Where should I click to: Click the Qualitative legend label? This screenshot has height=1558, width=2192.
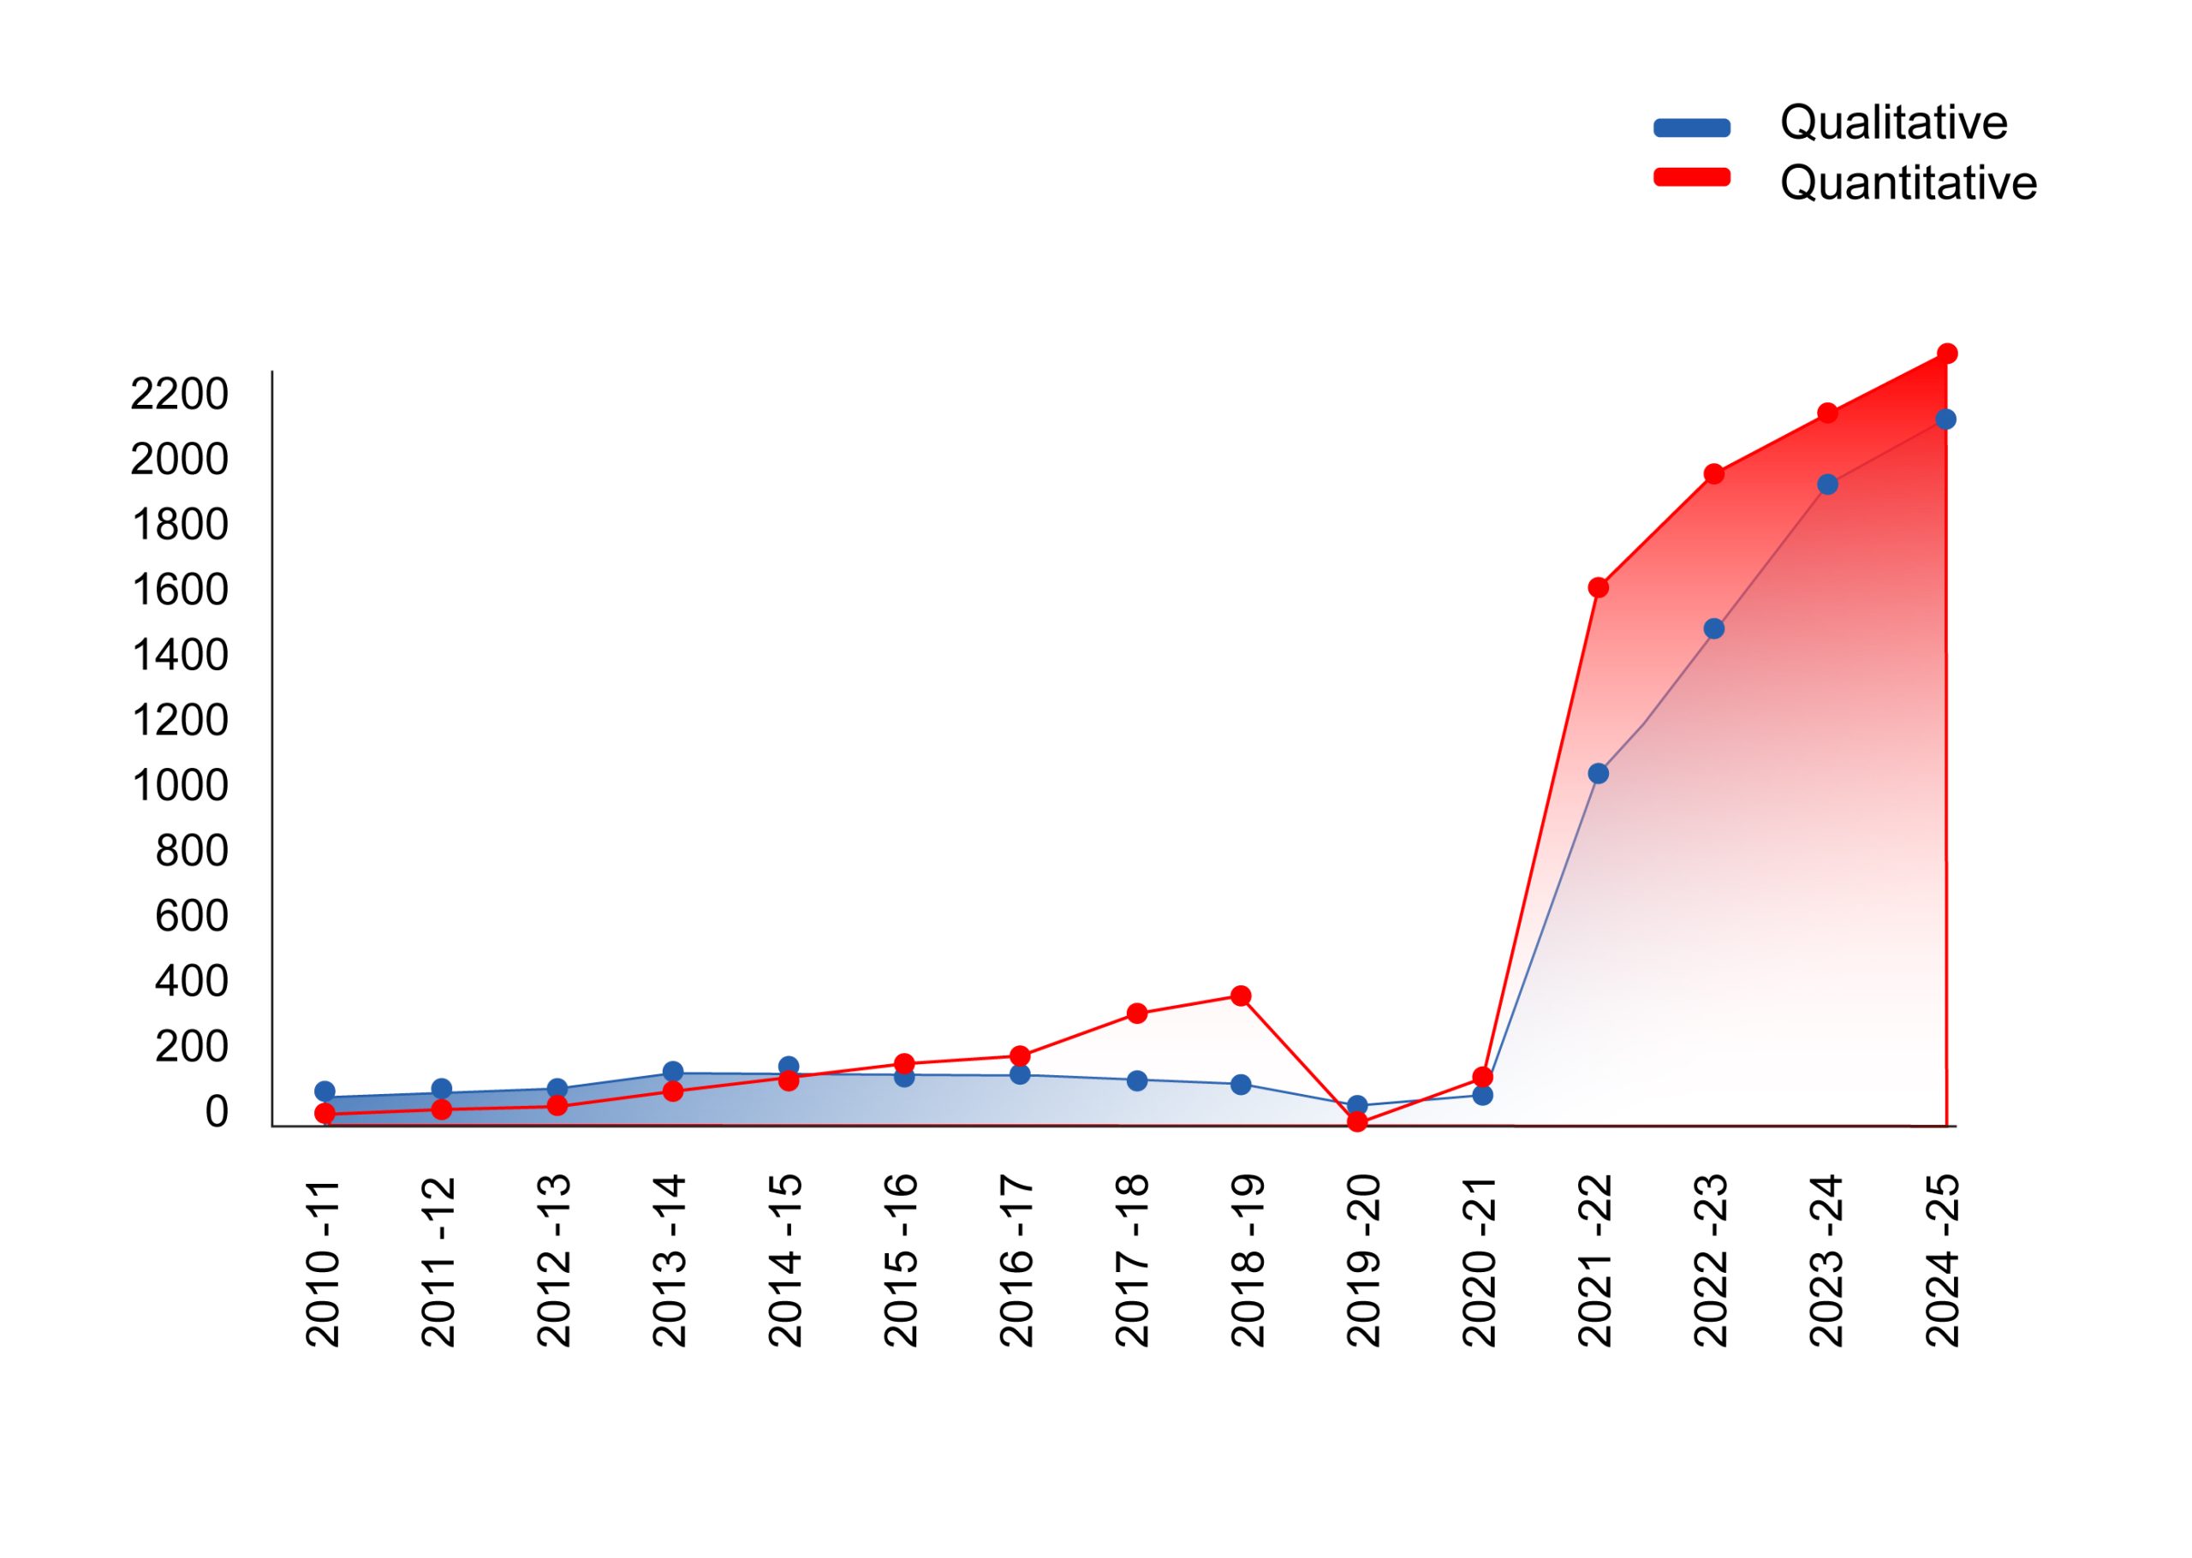tap(1892, 122)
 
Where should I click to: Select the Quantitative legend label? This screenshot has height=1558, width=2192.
tap(1907, 182)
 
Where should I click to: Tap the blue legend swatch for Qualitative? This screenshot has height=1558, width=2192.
tap(1691, 128)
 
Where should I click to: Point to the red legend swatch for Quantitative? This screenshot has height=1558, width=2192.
tap(1691, 177)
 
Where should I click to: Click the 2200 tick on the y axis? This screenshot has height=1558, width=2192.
tap(180, 393)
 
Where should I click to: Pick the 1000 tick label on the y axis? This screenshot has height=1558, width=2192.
tap(180, 786)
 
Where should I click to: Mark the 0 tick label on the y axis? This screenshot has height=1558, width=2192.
tap(216, 1112)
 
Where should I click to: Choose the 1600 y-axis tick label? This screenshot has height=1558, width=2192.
tap(180, 590)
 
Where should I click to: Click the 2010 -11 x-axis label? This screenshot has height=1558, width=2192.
tap(324, 1261)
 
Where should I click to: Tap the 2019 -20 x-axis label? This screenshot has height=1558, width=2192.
tap(1363, 1261)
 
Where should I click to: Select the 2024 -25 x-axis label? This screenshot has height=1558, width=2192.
tap(1943, 1261)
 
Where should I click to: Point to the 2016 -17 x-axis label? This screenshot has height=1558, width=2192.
tap(1017, 1261)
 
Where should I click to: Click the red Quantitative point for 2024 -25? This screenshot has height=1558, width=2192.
tap(1946, 354)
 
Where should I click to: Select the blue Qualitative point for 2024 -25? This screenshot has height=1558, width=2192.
tap(1945, 419)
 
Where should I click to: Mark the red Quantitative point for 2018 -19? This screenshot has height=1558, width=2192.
tap(1241, 996)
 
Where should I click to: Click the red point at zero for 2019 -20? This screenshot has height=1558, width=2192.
tap(1356, 1121)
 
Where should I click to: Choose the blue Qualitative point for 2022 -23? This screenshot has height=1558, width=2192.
tap(1713, 629)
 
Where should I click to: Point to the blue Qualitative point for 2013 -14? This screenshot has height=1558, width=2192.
tap(672, 1072)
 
